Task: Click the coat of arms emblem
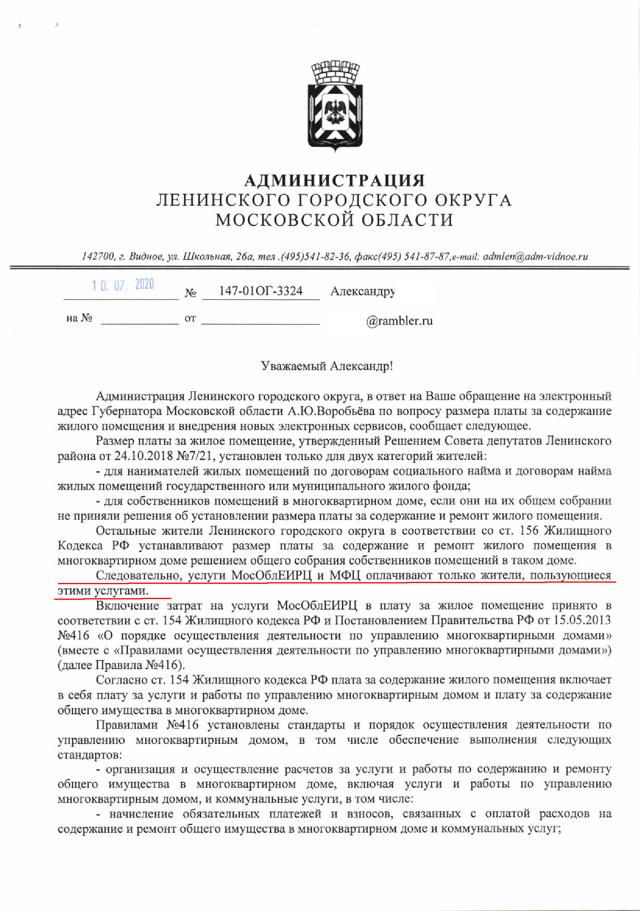coord(335,106)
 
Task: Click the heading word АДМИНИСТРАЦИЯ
coord(335,181)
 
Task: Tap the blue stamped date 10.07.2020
coord(123,285)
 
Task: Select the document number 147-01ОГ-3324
coord(261,291)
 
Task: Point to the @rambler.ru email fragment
coord(399,321)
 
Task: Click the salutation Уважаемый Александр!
coord(327,365)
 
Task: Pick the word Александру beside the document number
coord(362,292)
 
